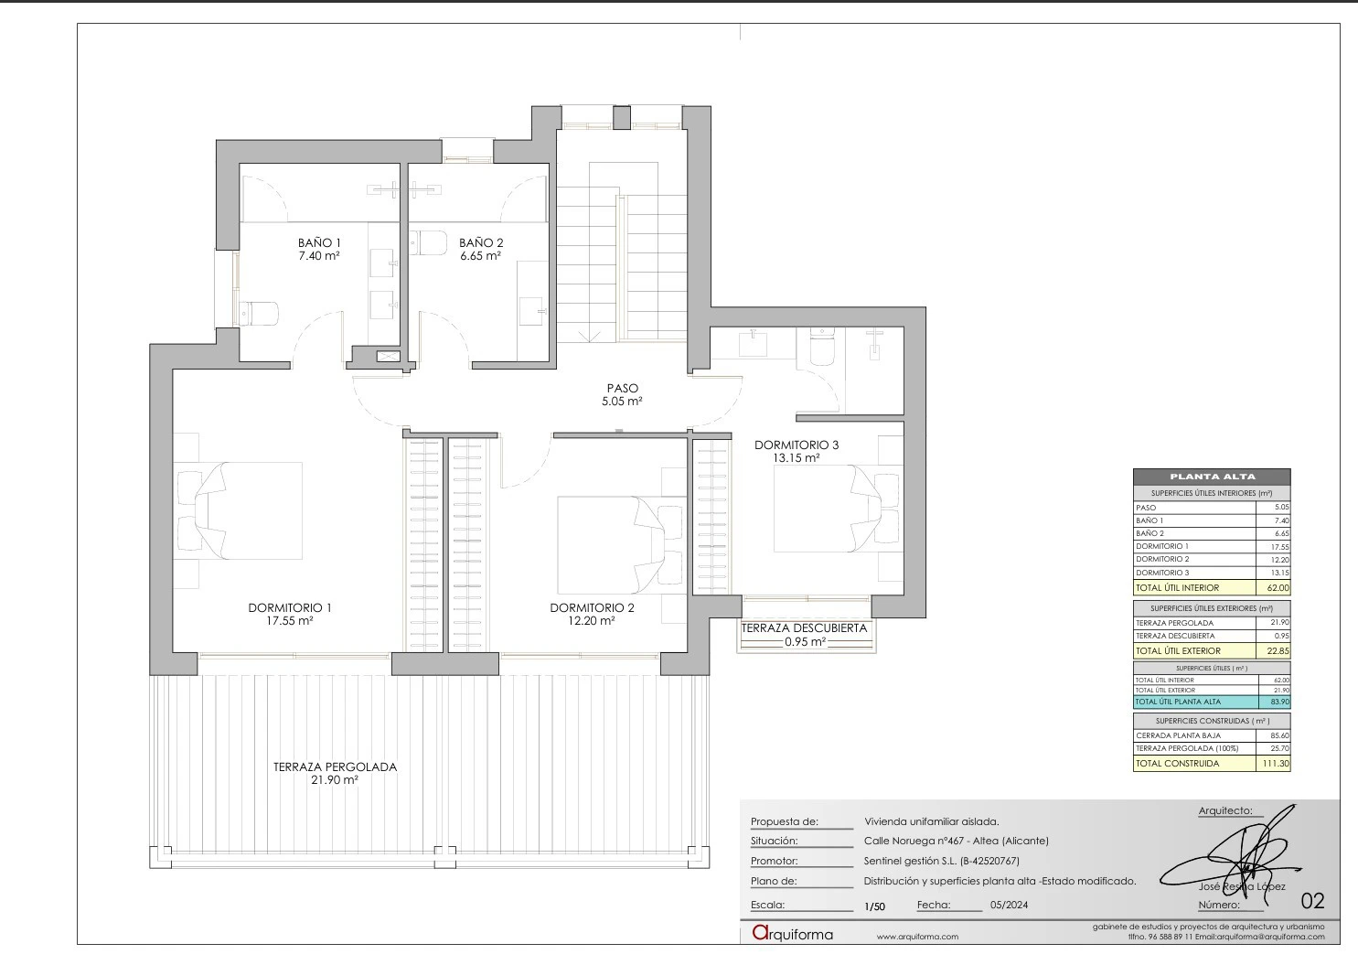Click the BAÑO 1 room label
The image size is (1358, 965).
click(319, 242)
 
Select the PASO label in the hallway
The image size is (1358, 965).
click(622, 388)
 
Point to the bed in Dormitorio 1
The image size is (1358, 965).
click(242, 510)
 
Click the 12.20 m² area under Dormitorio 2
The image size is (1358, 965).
click(592, 620)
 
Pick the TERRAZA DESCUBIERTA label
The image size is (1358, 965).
click(804, 628)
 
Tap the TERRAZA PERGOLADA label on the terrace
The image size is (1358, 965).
click(335, 767)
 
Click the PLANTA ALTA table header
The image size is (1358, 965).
click(1212, 477)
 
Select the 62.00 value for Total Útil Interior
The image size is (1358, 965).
click(1278, 588)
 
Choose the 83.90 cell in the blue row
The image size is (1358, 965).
click(1278, 702)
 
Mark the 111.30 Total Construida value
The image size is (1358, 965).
click(1275, 763)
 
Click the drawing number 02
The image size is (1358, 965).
click(1311, 901)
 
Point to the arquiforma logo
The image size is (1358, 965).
click(792, 934)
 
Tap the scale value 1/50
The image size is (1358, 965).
click(874, 906)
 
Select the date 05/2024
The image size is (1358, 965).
click(1009, 906)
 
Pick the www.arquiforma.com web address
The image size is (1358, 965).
click(917, 937)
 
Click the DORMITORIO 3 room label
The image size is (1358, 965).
click(796, 445)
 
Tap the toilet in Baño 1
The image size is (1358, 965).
click(257, 314)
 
